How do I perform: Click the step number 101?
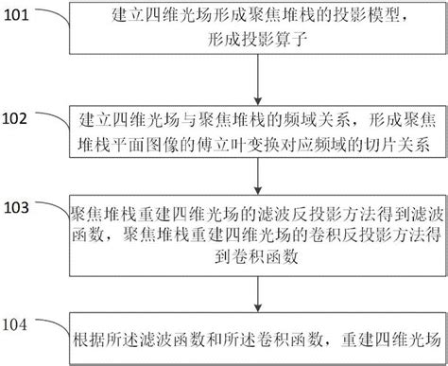(x=23, y=16)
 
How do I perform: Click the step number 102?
(x=24, y=118)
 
